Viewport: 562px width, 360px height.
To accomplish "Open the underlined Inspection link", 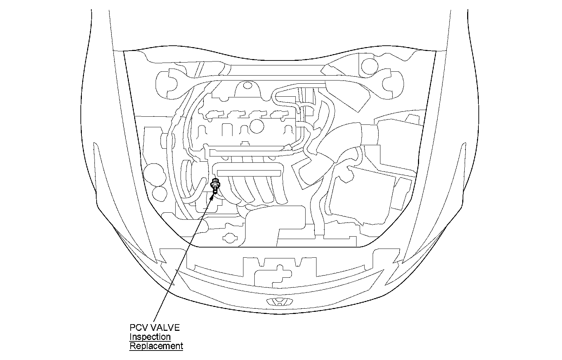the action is pos(150,337).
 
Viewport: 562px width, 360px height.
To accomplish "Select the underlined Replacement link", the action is pos(156,346).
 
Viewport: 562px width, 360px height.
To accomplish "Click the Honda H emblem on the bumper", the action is pos(280,302).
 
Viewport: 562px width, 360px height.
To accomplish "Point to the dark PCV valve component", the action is pos(215,185).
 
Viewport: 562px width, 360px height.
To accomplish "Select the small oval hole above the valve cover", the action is pos(247,85).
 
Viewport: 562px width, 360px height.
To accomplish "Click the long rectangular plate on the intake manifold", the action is pos(249,173).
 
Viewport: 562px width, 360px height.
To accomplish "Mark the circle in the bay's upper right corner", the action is pos(369,64).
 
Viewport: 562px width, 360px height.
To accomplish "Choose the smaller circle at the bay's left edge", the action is pos(160,193).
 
